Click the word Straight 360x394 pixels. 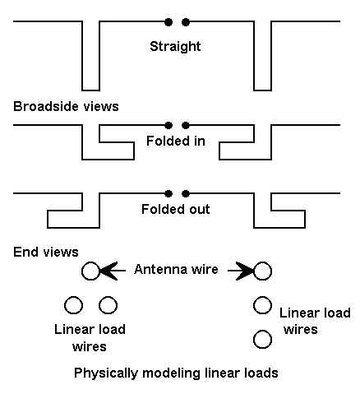pos(175,47)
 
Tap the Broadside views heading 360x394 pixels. pos(66,106)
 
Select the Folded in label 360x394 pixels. pos(176,141)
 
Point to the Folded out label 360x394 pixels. pos(176,209)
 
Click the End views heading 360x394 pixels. pos(46,252)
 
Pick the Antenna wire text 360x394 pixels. pos(176,269)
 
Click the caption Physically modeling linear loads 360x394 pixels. pos(176,373)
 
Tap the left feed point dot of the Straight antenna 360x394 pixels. pos(168,22)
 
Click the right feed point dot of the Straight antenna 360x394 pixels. pos(186,22)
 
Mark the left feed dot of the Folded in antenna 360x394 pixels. pos(168,126)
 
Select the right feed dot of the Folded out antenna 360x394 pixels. pos(186,194)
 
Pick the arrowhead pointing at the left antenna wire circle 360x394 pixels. pos(108,271)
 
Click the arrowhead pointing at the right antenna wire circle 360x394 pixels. pos(245,271)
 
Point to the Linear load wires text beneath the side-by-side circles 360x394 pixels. pos(90,338)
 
